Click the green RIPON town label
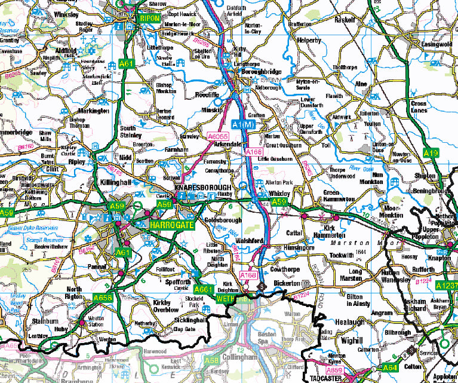click(x=149, y=19)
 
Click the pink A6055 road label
click(x=219, y=137)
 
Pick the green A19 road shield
click(x=431, y=154)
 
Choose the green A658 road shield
click(x=103, y=297)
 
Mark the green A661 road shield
click(x=204, y=289)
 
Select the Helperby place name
click(x=309, y=40)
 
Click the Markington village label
click(x=93, y=111)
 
